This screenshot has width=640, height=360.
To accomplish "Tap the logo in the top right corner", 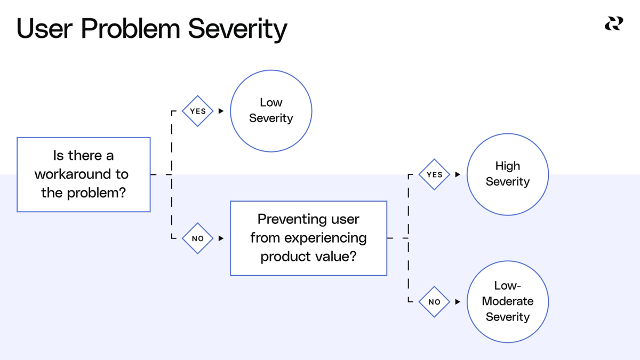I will [x=613, y=24].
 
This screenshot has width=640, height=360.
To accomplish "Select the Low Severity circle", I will [x=271, y=111].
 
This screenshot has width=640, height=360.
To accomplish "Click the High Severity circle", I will [x=507, y=174].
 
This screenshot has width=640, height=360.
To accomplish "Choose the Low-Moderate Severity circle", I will [x=507, y=301].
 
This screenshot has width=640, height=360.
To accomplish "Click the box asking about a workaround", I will [x=84, y=174].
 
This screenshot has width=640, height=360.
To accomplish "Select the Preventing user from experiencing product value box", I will [x=308, y=238].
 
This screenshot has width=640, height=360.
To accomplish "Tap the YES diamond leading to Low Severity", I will [x=198, y=111].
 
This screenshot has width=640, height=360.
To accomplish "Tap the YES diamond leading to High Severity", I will [x=434, y=174].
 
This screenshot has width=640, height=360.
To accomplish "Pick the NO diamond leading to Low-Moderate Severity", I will [x=434, y=301].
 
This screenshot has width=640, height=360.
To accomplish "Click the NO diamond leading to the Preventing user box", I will [x=198, y=238].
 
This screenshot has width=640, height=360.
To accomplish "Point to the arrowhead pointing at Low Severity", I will [x=221, y=111].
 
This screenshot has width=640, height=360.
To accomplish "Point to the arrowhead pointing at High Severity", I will [x=458, y=174].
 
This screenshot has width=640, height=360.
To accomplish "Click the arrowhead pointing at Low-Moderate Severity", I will [x=458, y=301].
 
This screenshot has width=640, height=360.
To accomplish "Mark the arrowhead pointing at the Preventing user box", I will [x=221, y=238].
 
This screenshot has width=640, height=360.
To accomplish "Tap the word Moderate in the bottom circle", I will [x=507, y=301].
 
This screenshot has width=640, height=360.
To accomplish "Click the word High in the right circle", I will [x=507, y=166].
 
